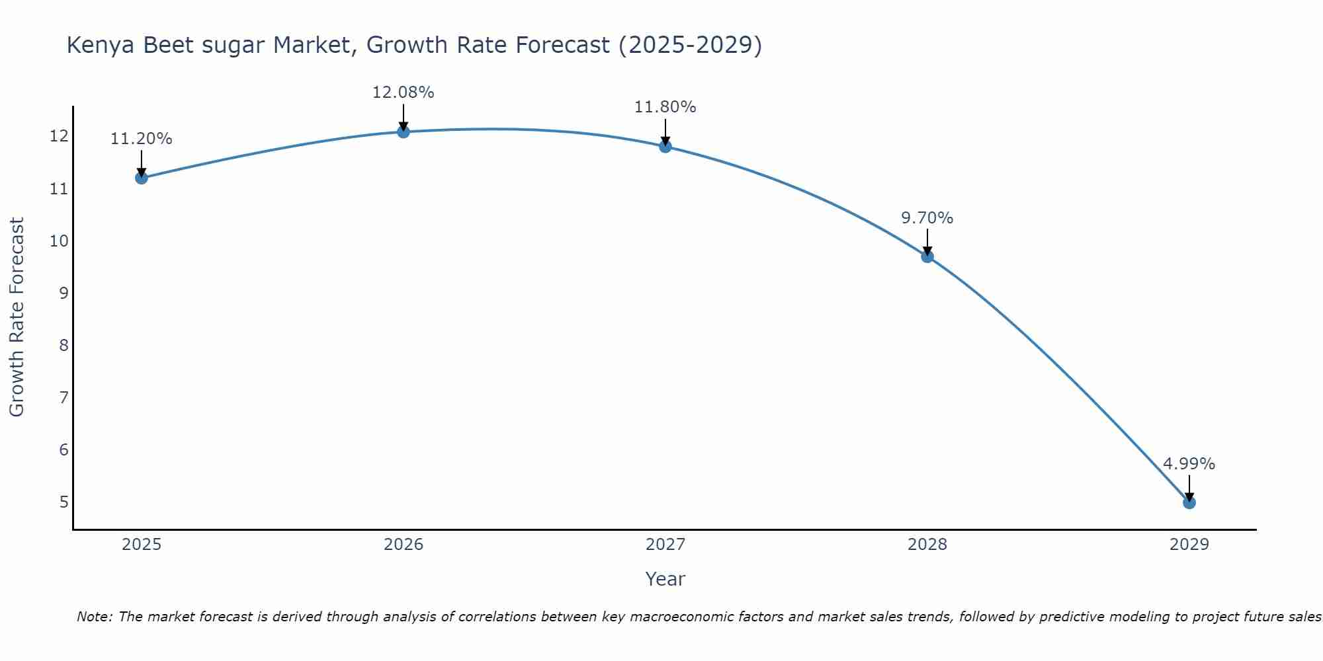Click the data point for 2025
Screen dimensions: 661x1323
tap(141, 178)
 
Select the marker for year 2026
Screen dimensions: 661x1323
tap(403, 132)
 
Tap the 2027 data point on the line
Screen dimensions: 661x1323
tap(665, 146)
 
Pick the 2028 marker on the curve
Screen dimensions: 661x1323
tap(927, 256)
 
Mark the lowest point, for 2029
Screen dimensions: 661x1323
tap(1189, 502)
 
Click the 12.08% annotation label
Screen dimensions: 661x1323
tap(403, 93)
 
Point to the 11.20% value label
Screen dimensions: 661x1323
tap(141, 139)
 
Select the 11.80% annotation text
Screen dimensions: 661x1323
tap(665, 107)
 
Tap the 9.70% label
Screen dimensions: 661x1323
tap(927, 218)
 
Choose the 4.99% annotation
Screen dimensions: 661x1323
tap(1189, 464)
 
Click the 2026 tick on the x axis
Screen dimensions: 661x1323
tap(404, 545)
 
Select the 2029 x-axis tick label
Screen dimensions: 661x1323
tap(1189, 545)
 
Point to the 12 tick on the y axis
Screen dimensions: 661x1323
tap(59, 136)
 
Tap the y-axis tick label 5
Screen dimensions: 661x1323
tap(64, 502)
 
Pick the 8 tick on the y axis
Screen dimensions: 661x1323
tap(64, 345)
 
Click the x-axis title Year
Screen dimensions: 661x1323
tap(665, 579)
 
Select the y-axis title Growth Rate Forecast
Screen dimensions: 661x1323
tap(17, 317)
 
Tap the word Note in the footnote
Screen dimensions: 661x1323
tap(94, 617)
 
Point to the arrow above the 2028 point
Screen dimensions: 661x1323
tap(927, 241)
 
